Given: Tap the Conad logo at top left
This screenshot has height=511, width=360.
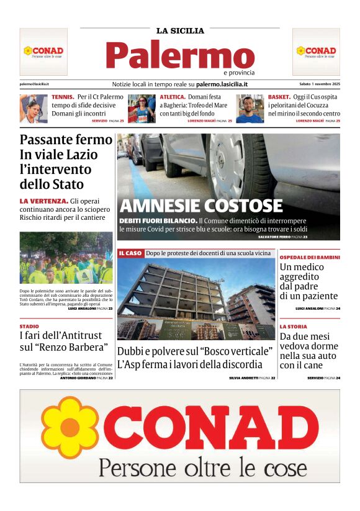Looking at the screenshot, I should [43, 52].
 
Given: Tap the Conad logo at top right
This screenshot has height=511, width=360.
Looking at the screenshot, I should [316, 52].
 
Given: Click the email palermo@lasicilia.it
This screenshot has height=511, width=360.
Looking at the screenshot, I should [35, 84].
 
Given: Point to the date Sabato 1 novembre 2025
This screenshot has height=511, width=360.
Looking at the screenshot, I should [320, 84].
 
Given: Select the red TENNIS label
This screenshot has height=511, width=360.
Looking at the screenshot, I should [63, 97].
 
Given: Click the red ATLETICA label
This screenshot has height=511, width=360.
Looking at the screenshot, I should [173, 97].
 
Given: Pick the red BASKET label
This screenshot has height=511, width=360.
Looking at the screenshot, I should [279, 97].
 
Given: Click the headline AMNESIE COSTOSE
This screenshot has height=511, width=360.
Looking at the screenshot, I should [200, 206].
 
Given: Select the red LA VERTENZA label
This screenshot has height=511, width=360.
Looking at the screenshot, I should [43, 201].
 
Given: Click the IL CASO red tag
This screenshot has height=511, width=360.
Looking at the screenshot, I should [130, 253].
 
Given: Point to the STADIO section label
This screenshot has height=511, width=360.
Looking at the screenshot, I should [29, 326].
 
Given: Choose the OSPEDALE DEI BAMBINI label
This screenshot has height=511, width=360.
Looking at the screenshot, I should [310, 257].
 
